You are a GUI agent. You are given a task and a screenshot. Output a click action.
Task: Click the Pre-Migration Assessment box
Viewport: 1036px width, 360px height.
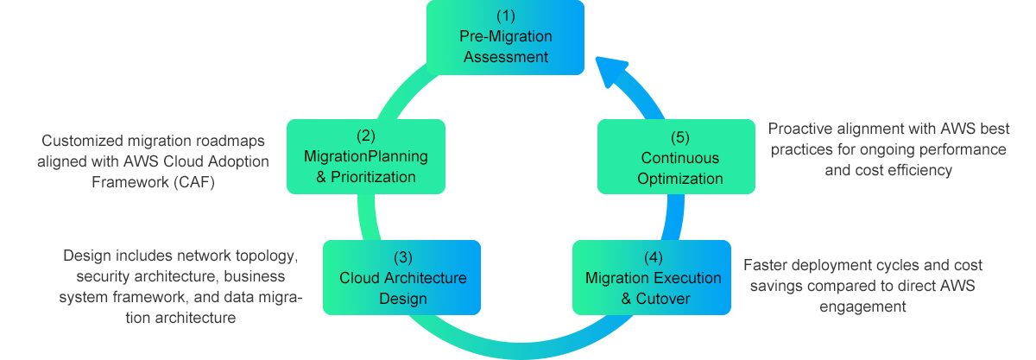pyautogui.click(x=506, y=38)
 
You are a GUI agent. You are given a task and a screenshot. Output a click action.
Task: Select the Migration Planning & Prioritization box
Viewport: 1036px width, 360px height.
pyautogui.click(x=365, y=156)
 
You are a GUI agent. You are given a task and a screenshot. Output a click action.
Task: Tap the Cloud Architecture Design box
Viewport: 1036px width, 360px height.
pyautogui.click(x=401, y=277)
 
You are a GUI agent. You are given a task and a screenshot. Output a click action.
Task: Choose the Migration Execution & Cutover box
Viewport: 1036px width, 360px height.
pyautogui.click(x=653, y=277)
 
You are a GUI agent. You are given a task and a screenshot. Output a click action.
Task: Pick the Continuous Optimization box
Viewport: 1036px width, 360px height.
pyautogui.click(x=679, y=156)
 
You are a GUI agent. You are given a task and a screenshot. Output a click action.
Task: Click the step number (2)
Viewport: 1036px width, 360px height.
pyautogui.click(x=366, y=136)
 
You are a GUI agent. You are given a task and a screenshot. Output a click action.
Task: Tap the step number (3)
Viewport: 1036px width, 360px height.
pyautogui.click(x=402, y=257)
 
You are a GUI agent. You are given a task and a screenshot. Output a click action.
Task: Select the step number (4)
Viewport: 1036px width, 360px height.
pyautogui.click(x=654, y=257)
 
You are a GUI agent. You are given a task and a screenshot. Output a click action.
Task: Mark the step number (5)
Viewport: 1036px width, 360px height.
pyautogui.click(x=681, y=136)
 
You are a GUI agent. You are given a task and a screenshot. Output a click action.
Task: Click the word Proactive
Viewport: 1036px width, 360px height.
pyautogui.click(x=799, y=129)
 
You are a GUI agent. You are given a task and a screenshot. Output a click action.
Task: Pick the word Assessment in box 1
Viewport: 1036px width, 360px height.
pyautogui.click(x=506, y=58)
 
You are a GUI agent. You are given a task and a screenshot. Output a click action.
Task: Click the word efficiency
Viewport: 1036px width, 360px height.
pyautogui.click(x=919, y=170)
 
